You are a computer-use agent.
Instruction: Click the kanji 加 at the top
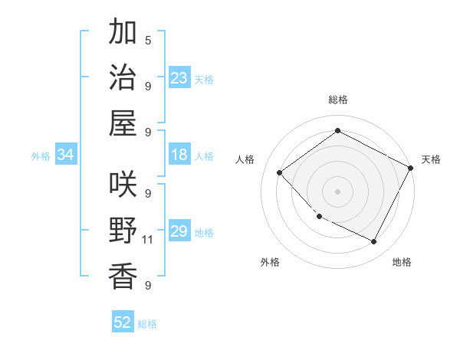[x=123, y=33]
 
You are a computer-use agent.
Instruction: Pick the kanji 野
[x=123, y=230]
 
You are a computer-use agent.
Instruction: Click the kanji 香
[x=123, y=275]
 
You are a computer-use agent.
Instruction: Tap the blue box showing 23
[x=179, y=77]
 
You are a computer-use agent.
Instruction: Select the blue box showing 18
[x=179, y=155]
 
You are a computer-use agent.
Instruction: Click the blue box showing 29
[x=179, y=231]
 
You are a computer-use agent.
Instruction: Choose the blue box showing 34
[x=66, y=155]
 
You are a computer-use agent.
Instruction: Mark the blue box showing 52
[x=123, y=322]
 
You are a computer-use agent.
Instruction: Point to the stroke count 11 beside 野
[x=148, y=240]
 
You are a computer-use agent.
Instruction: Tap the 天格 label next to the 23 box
[x=204, y=79]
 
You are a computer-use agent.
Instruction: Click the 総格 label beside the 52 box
[x=147, y=324]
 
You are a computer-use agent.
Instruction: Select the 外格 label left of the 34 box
[x=41, y=156]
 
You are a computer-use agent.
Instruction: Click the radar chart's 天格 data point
[x=412, y=169]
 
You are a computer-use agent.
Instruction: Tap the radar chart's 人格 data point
[x=280, y=172]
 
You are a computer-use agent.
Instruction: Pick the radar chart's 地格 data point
[x=374, y=242]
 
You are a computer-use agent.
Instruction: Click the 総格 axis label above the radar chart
[x=337, y=100]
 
